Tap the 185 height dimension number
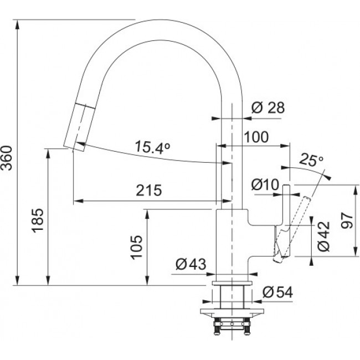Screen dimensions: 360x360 click(37, 220)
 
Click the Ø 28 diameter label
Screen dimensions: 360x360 click(268, 108)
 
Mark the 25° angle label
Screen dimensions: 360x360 click(311, 161)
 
